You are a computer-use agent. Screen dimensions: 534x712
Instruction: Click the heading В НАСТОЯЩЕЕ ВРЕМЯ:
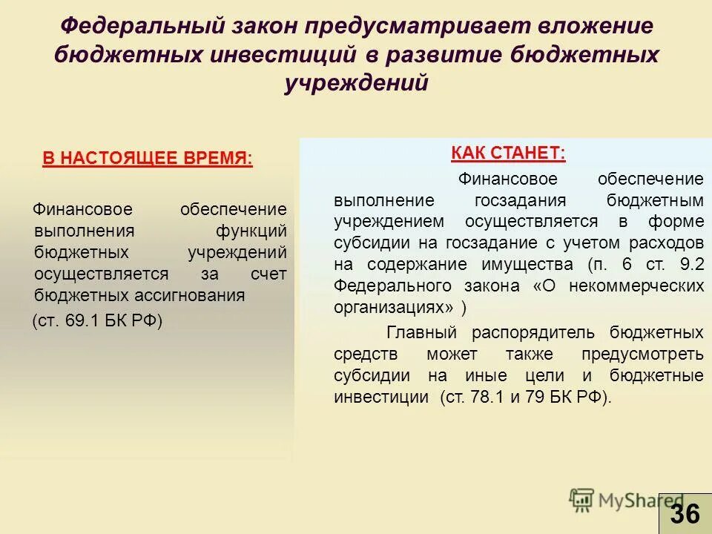point(147,159)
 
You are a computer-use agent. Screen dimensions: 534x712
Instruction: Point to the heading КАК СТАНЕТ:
point(508,154)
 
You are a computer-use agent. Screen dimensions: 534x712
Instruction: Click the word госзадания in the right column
point(520,201)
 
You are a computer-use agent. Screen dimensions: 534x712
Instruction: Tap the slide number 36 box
point(685,513)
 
